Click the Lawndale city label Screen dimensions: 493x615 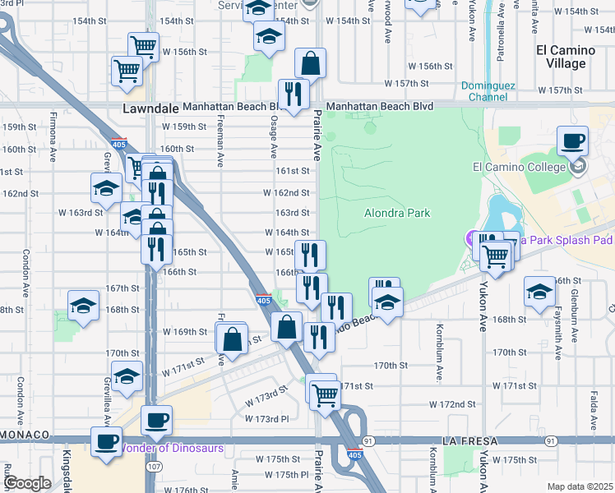[x=150, y=108]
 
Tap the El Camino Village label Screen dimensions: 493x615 [x=566, y=57]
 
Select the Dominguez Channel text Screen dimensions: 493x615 [x=488, y=90]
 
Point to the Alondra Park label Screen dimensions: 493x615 [x=397, y=213]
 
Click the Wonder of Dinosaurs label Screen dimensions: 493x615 [x=172, y=448]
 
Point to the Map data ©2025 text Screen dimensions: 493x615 [x=580, y=486]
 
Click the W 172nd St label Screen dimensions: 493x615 [x=454, y=404]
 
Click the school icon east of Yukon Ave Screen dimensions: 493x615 [x=539, y=293]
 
